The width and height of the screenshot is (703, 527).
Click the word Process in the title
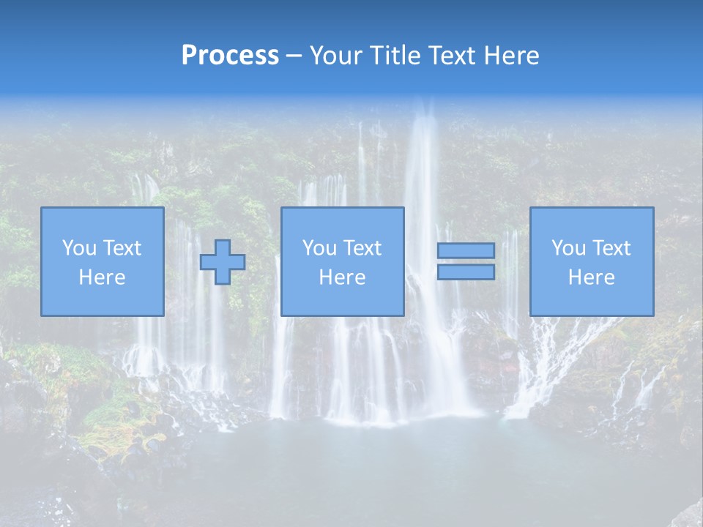[230, 56]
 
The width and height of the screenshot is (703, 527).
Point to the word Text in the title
[454, 56]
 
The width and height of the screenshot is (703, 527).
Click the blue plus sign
[223, 262]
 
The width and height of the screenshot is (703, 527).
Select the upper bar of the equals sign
[466, 251]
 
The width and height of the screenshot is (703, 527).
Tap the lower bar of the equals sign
[466, 272]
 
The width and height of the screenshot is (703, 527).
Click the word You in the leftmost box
[79, 248]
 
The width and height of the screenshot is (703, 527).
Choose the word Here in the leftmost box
[102, 277]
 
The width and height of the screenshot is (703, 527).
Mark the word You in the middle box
[319, 248]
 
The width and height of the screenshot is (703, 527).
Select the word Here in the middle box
[342, 277]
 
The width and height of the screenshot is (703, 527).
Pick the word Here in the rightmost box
[591, 277]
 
